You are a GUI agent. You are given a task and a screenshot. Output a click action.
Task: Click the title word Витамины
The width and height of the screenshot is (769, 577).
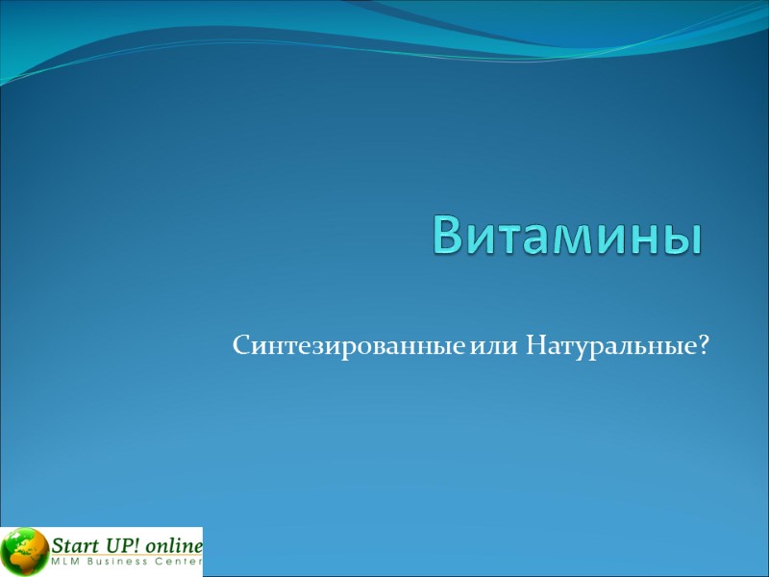click(x=565, y=234)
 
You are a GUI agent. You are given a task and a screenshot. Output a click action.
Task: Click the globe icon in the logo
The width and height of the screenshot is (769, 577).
click(x=25, y=552)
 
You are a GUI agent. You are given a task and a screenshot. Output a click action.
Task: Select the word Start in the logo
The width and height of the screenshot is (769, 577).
click(x=74, y=545)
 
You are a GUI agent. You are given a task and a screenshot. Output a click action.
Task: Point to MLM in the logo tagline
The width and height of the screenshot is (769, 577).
click(x=65, y=562)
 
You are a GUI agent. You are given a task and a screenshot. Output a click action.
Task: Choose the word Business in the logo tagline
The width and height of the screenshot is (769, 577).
click(x=117, y=562)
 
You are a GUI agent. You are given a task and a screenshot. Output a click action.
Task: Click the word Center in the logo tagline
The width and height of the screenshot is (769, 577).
click(x=178, y=562)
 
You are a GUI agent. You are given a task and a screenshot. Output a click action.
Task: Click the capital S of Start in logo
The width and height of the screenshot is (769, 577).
click(x=59, y=545)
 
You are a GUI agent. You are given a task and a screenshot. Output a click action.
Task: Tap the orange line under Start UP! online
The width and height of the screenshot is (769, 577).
click(x=125, y=555)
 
